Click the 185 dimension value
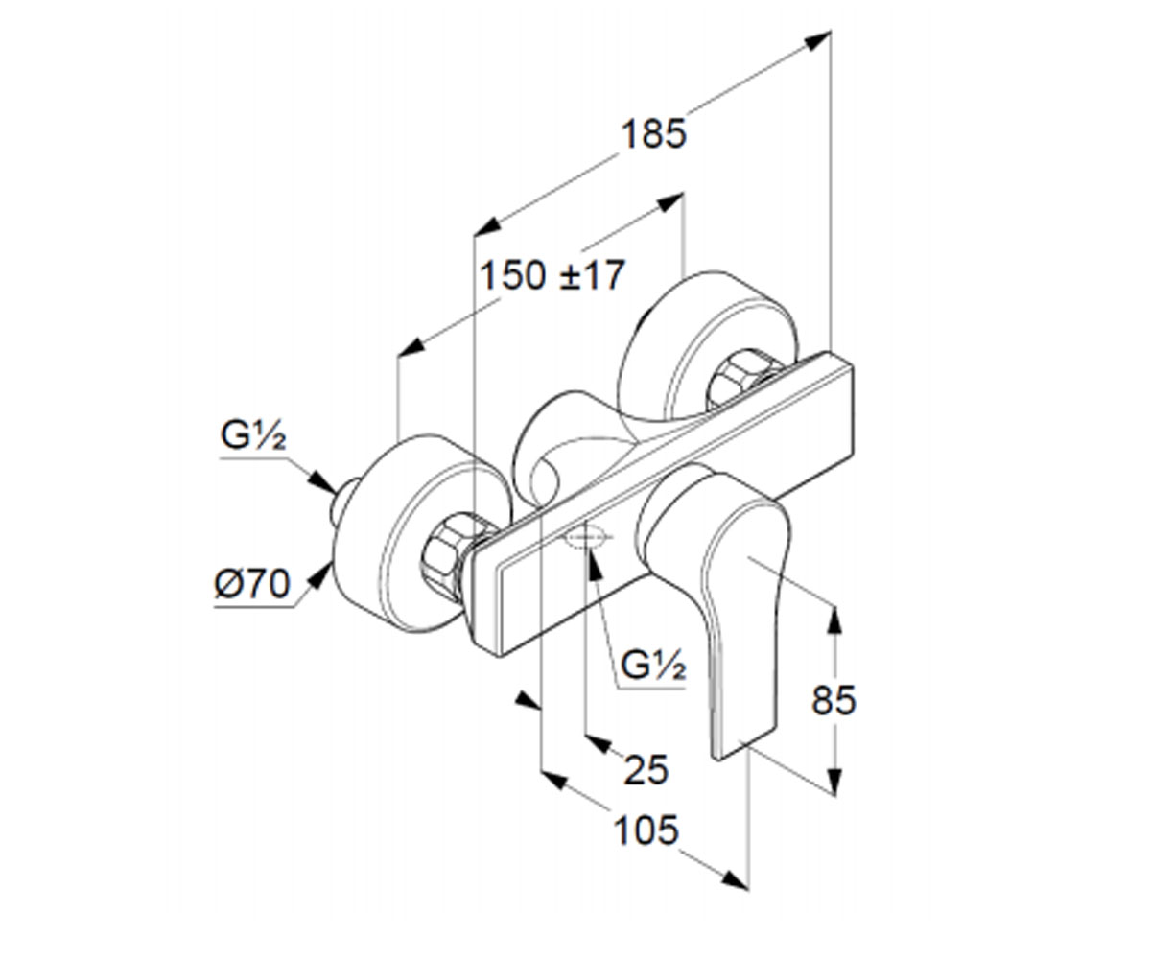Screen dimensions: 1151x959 [x=654, y=134]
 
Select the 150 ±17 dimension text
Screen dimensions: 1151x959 [x=552, y=275]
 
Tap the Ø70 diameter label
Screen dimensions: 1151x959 [x=252, y=584]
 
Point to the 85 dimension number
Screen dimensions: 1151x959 [x=834, y=700]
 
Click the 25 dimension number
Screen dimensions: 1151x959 [x=646, y=769]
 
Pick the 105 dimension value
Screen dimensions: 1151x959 [x=646, y=830]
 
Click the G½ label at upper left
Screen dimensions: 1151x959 [x=253, y=434]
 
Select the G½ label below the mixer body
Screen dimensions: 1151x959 [x=653, y=666]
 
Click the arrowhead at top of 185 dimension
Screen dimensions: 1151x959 [x=817, y=40]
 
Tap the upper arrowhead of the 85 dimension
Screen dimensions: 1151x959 [x=835, y=621]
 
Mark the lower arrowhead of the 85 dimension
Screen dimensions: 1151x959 [x=835, y=781]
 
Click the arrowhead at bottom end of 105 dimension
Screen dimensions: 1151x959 [x=735, y=879]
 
